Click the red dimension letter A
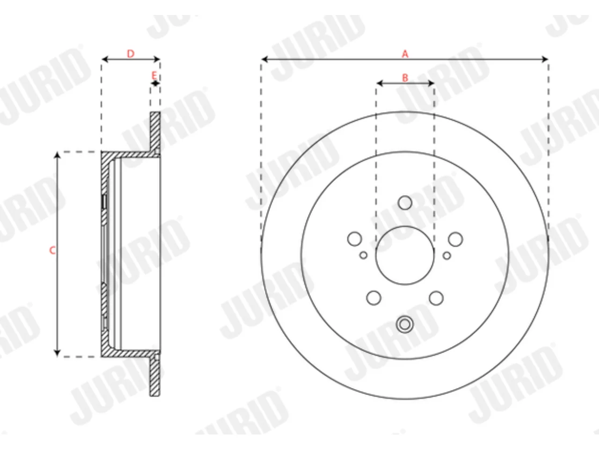tap(405, 54)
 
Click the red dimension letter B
tap(405, 78)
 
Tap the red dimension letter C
tap(52, 250)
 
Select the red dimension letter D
tap(131, 54)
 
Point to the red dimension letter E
tap(154, 75)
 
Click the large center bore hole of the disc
tap(405, 255)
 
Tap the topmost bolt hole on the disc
tap(405, 203)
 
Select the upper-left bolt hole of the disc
tap(355, 239)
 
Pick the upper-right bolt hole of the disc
tap(455, 239)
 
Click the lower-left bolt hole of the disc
tap(374, 298)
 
